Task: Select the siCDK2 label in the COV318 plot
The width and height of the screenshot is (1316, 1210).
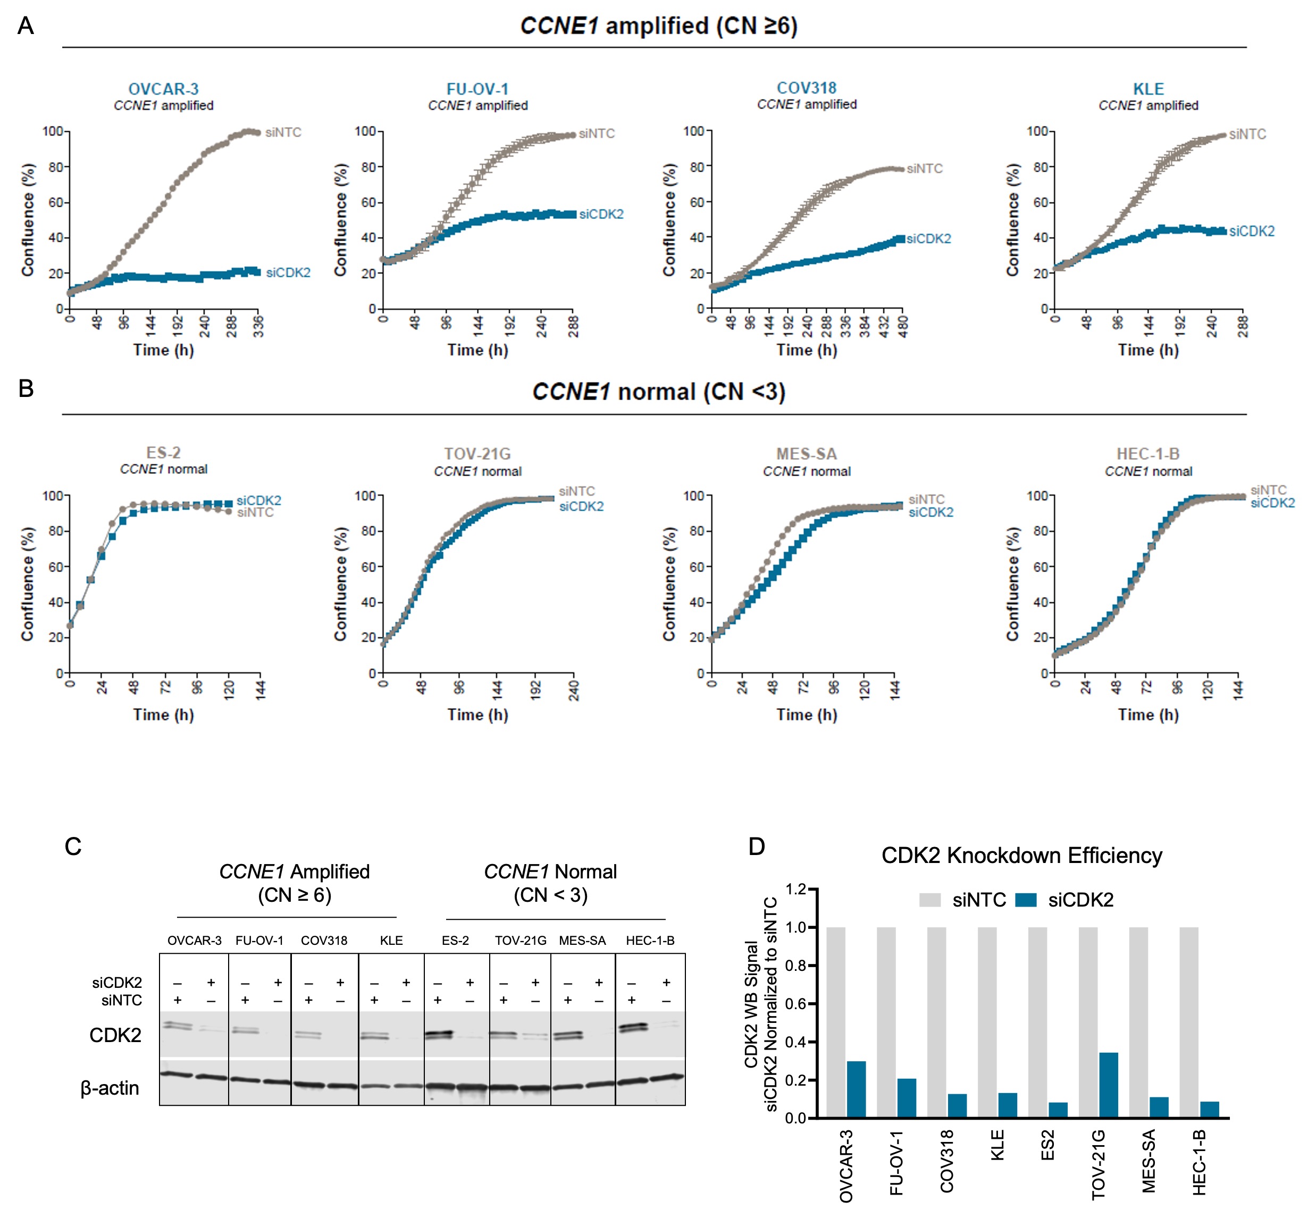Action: [x=928, y=239]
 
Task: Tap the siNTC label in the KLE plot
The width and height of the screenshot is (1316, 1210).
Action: [x=1247, y=134]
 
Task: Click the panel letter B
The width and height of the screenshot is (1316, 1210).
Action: [x=26, y=388]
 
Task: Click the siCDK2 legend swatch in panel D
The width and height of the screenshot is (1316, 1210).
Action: [x=1026, y=900]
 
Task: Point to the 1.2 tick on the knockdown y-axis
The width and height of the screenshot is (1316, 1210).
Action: [x=796, y=889]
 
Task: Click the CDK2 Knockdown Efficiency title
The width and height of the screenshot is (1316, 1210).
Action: [x=1021, y=855]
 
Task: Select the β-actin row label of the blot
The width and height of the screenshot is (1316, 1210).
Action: [x=110, y=1088]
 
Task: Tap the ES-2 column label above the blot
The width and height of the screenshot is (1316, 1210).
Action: [x=455, y=940]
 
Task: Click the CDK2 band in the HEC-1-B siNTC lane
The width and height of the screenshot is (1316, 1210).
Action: [x=632, y=1027]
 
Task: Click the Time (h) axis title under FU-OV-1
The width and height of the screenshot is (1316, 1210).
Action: [x=477, y=350]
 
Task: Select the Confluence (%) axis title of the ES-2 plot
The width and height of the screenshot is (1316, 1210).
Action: [x=27, y=584]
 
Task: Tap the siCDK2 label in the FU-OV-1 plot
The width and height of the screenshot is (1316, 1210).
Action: [x=601, y=214]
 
